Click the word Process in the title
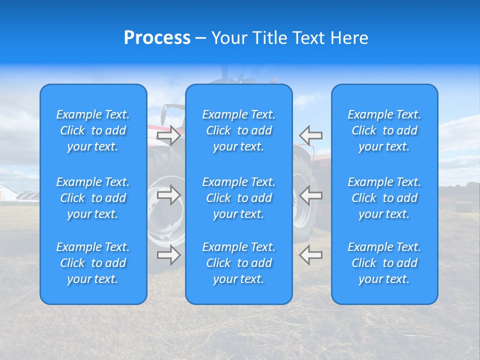point(157,38)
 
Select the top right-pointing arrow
point(169,135)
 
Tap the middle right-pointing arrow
point(169,195)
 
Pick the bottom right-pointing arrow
point(169,255)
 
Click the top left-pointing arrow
point(310,135)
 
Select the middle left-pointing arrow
point(310,195)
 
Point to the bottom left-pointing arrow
point(310,255)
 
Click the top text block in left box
point(93,130)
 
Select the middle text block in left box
point(93,198)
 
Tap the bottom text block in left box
point(93,263)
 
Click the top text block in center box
point(238,130)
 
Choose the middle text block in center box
point(238,198)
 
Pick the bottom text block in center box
point(238,263)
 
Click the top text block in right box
point(384,130)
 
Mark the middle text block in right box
point(384,198)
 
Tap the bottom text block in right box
point(384,263)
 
